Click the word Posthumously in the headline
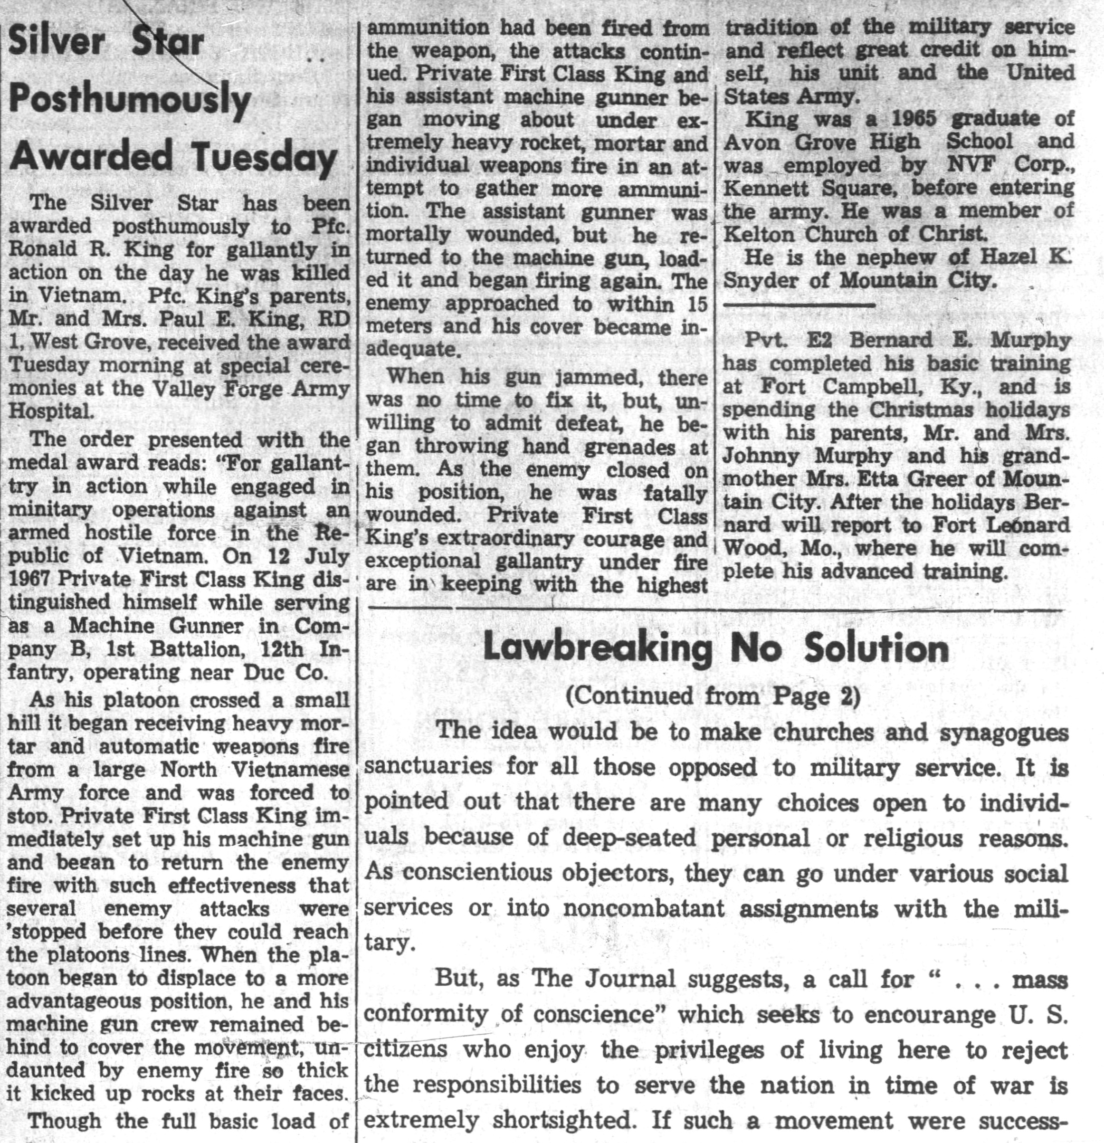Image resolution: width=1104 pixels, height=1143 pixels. click(x=130, y=101)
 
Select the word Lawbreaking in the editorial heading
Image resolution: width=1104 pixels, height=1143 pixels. click(x=598, y=649)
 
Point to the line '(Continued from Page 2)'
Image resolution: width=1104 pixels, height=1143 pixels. click(x=713, y=696)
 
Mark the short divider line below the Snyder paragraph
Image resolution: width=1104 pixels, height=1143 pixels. click(x=799, y=305)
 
